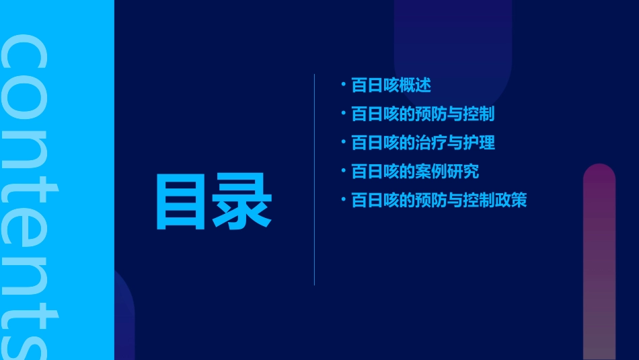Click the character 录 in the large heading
[243, 201]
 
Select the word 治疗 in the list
[431, 143]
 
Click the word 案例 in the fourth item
[431, 172]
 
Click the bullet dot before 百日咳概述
[343, 85]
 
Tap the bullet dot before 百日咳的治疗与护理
[343, 142]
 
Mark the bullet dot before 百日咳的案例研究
[343, 171]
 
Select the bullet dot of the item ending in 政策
[343, 200]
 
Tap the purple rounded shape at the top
[453, 47]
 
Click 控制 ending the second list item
[479, 114]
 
